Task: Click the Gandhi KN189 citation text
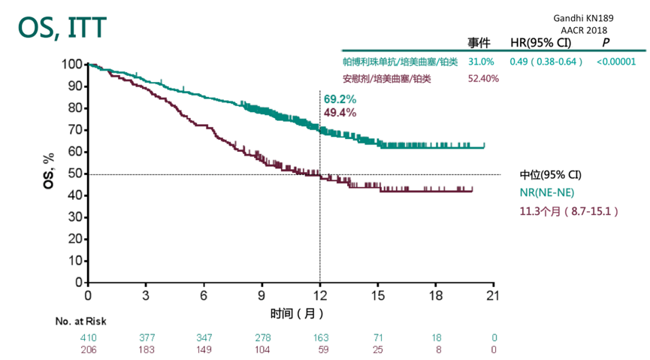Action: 583,17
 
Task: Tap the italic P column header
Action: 606,43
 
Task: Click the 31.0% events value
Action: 481,62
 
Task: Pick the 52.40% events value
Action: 483,78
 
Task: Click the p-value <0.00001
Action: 616,62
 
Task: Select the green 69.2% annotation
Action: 340,99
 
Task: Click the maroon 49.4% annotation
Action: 340,113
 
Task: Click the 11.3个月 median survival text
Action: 569,212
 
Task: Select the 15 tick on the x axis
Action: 378,296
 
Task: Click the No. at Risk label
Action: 80,321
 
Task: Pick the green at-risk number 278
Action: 262,337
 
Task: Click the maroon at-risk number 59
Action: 320,349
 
